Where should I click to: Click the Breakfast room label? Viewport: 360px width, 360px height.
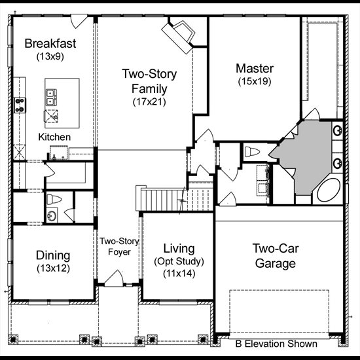point(50,43)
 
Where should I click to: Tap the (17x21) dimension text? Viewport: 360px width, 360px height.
point(149,101)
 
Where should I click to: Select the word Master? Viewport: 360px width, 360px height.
point(255,69)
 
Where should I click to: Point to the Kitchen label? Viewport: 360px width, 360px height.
point(54,137)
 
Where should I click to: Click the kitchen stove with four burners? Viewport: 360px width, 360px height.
point(20,105)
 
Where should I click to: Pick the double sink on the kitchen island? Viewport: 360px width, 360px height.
point(51,97)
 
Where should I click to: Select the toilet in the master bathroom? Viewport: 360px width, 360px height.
point(252,152)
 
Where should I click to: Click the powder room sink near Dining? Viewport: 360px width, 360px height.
point(52,215)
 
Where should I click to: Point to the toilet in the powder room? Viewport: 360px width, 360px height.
point(54,199)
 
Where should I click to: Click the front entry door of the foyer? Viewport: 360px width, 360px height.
point(114,278)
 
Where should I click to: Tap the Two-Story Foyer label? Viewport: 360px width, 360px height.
point(119,247)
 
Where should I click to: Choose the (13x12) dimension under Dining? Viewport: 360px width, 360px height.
point(53,268)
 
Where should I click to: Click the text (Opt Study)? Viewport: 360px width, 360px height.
point(179,261)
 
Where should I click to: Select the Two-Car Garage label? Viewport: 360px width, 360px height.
point(276,256)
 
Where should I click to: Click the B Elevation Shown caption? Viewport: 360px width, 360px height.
point(276,344)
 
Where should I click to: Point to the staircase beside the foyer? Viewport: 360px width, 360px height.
point(175,198)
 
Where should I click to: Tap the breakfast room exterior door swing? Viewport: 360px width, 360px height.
point(79,21)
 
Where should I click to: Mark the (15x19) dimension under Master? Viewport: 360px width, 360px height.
point(255,81)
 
